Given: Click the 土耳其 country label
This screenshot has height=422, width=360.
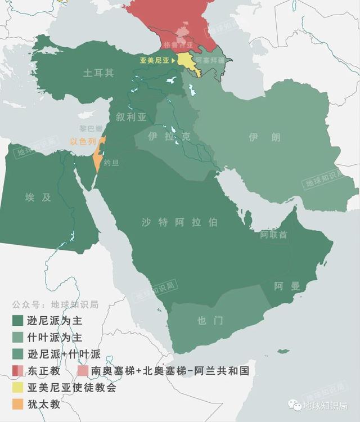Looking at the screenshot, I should pyautogui.click(x=98, y=73).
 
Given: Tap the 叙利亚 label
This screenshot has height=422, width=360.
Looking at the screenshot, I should pyautogui.click(x=131, y=117).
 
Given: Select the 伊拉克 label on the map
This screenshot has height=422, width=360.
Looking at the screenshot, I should pyautogui.click(x=169, y=137).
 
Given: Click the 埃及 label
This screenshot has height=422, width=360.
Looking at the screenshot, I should pyautogui.click(x=38, y=197).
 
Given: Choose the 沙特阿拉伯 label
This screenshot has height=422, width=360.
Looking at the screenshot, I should pyautogui.click(x=179, y=222).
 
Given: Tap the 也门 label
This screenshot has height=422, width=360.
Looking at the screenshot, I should pyautogui.click(x=210, y=321).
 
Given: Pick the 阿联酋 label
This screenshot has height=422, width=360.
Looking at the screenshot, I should pyautogui.click(x=273, y=234).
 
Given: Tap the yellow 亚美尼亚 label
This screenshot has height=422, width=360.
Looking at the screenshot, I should pyautogui.click(x=154, y=58).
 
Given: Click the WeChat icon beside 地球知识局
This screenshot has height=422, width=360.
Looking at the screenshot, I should pyautogui.click(x=295, y=405).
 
